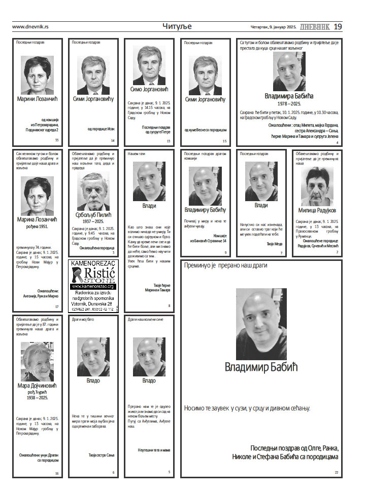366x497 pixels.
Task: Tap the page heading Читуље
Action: tap(177, 26)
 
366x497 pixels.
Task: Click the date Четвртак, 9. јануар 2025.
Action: tap(274, 27)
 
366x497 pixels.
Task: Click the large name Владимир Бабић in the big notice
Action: tap(261, 366)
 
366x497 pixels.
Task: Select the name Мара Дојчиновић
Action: tap(37, 385)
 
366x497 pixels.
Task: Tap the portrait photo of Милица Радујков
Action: tap(317, 186)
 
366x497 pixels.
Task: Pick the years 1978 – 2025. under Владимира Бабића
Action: tap(289, 103)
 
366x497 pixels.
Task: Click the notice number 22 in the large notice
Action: tap(336, 472)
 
